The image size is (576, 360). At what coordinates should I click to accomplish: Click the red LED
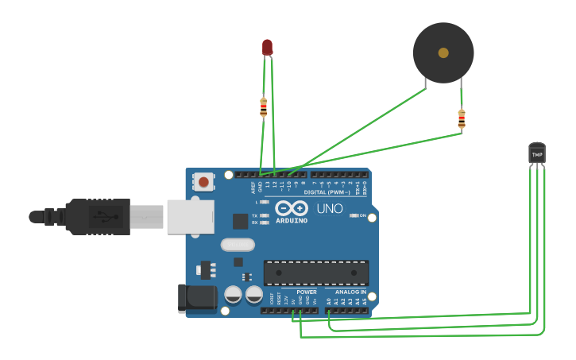coord(268,47)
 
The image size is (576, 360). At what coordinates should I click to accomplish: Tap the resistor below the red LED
coord(264,106)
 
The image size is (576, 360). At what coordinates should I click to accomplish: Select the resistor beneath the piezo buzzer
coord(462,119)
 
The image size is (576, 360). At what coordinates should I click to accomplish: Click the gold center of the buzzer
coord(443,52)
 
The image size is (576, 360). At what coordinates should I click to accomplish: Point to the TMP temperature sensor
coord(537,153)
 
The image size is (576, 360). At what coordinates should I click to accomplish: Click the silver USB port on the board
coord(191,215)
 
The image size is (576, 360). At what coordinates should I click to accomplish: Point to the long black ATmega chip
coord(316,273)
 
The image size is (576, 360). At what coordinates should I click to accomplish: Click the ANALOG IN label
coord(350,292)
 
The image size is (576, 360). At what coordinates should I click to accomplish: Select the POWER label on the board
coord(306,292)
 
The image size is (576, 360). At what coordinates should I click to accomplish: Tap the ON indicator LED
coord(353,215)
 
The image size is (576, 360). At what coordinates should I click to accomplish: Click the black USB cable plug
coord(95,216)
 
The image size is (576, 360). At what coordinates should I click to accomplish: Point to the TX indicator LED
coord(265,215)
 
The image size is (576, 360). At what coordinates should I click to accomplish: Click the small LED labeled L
coord(265,202)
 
